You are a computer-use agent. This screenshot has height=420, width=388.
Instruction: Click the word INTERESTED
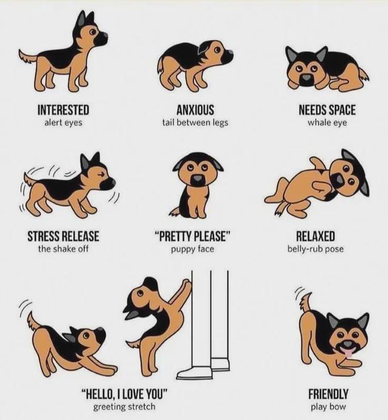[63, 110]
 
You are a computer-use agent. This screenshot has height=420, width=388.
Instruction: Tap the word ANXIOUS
[195, 110]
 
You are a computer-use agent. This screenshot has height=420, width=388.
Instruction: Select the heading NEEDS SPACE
[327, 110]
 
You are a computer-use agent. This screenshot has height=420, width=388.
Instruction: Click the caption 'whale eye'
[327, 122]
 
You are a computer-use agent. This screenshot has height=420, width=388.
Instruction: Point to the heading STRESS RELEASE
[63, 236]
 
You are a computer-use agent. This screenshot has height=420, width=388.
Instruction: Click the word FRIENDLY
[328, 393]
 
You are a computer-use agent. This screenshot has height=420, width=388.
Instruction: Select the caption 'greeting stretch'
[124, 406]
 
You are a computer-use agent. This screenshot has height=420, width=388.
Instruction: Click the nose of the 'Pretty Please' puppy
[198, 179]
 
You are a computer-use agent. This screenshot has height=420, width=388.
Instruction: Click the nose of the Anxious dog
[229, 56]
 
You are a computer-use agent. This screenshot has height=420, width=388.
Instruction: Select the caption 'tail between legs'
[195, 122]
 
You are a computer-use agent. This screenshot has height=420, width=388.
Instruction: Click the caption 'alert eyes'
[63, 122]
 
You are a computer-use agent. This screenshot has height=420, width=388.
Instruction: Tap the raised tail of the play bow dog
[307, 300]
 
